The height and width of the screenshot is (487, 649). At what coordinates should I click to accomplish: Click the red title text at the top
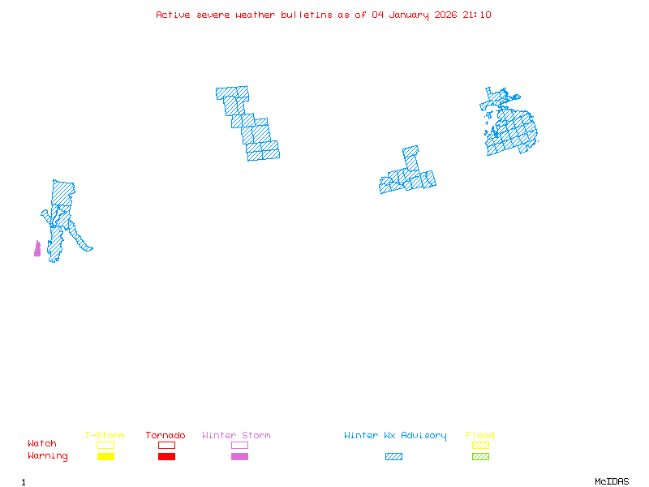(324, 15)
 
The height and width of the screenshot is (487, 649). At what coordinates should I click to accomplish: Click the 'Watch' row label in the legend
(42, 444)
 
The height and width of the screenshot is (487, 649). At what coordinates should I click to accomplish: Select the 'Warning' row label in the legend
(48, 456)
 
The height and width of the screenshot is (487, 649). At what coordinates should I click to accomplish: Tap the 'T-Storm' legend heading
(105, 436)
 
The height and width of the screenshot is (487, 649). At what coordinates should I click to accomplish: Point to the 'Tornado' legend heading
(165, 436)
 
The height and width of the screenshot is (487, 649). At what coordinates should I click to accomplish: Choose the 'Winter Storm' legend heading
(236, 436)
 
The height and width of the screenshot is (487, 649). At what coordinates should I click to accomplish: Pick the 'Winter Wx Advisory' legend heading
(395, 436)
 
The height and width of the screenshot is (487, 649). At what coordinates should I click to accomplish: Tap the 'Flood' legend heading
(480, 436)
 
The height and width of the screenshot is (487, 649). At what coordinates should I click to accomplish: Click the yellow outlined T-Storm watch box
(105, 445)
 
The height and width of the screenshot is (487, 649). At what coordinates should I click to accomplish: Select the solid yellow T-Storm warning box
(105, 457)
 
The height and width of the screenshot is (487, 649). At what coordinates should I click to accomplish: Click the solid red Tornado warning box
(166, 457)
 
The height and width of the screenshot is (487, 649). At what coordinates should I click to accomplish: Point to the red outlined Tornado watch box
(166, 445)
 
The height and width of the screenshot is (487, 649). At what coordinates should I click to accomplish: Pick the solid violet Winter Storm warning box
(239, 457)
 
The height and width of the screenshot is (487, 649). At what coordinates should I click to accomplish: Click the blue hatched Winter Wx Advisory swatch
(393, 457)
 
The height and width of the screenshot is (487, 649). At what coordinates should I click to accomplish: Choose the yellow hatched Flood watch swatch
(480, 445)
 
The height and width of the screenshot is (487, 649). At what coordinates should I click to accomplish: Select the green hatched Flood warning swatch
(480, 457)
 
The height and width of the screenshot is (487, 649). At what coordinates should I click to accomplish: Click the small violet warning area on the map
(37, 249)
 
